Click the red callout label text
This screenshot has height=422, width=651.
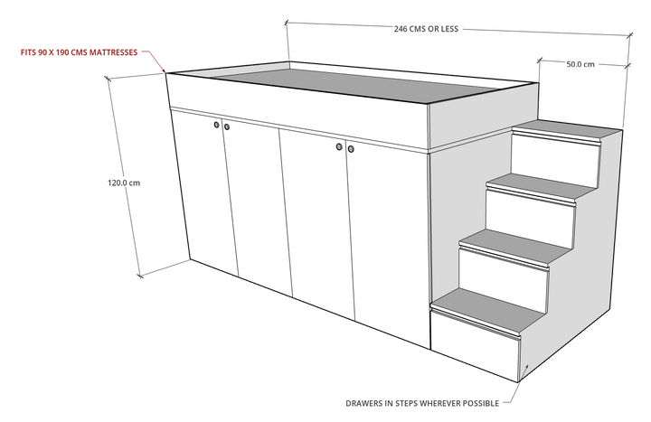[x=80, y=52]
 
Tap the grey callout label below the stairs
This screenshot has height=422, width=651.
[x=423, y=399]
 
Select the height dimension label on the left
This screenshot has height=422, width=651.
[x=125, y=183]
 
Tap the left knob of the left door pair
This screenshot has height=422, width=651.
[x=216, y=126]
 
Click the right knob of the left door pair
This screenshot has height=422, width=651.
[x=226, y=127]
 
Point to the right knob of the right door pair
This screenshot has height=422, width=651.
[x=350, y=147]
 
